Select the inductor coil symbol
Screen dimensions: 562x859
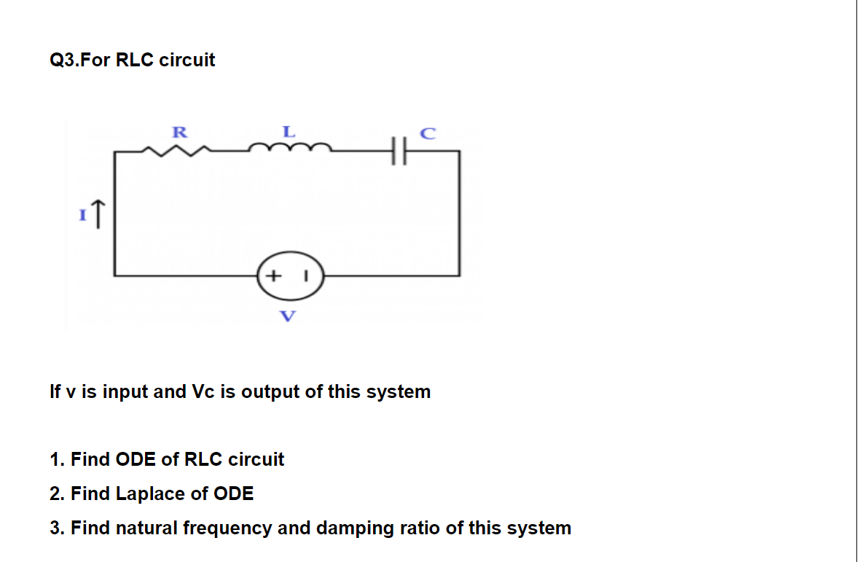289,149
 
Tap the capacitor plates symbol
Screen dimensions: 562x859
396,151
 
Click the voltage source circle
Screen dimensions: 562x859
290,277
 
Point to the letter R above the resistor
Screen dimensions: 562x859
179,132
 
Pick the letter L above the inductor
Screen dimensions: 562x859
289,132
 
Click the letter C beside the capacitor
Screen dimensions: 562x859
428,133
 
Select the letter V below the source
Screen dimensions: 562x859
289,316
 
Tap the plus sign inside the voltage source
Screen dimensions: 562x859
272,277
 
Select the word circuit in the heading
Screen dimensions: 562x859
187,60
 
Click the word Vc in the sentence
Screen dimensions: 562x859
201,391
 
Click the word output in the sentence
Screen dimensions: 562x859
270,391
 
